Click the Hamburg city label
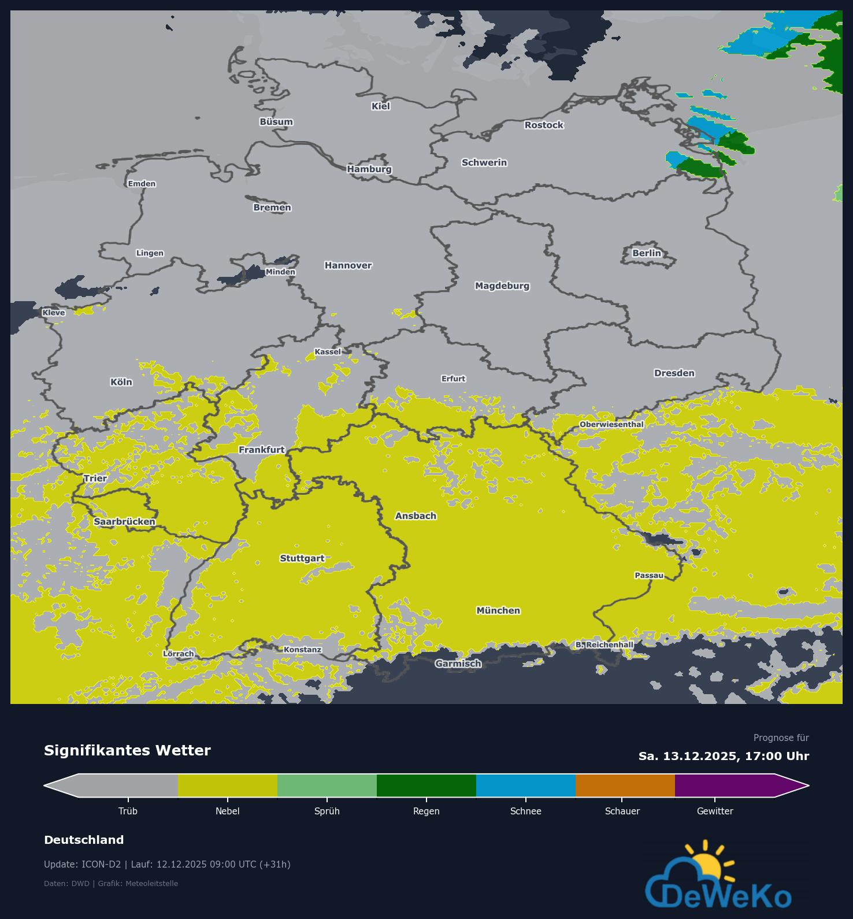click(369, 169)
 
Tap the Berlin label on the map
click(646, 253)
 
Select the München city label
click(498, 610)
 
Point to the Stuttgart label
click(302, 558)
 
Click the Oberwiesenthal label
click(611, 424)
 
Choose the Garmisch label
click(458, 664)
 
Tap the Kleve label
click(54, 313)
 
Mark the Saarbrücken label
click(124, 521)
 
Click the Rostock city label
click(544, 125)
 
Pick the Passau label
click(649, 575)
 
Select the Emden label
click(142, 184)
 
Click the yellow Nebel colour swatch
click(227, 785)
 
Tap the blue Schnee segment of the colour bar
click(525, 785)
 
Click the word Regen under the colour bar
click(426, 811)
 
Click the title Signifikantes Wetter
click(127, 750)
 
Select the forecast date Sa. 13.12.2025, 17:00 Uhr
click(724, 756)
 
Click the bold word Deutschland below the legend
click(84, 840)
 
